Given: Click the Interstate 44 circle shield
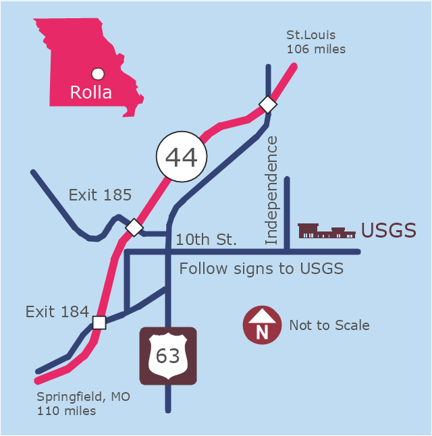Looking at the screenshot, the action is coord(182,157).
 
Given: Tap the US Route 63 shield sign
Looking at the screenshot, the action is coord(168,356).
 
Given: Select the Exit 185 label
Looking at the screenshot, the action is coord(100,195).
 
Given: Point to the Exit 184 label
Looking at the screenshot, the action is coord(57,312).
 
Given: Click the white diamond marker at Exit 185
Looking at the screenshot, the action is coord(134,227).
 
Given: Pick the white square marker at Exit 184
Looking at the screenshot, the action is coord(99,323).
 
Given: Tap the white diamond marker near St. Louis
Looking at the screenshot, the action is coord(268,105).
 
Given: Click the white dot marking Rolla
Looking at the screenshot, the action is coord(98,74).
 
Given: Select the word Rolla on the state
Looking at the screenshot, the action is coord(90,92).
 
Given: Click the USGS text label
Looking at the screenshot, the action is coord(389,230).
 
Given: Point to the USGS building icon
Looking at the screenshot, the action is coord(327,231).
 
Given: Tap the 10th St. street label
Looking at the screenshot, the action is coord(206,240).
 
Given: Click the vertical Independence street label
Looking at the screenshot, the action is coord(271,190).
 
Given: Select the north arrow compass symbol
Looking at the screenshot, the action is coord(262,325).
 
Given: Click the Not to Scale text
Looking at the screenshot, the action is coord(329,325).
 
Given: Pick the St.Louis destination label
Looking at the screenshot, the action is coord(311,35).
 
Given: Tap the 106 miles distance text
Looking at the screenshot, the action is coord(316,49).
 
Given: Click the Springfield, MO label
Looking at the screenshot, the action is coord(84,397).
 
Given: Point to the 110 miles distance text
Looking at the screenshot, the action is coord(66,411).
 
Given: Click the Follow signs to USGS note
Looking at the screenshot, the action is coord(261,269).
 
